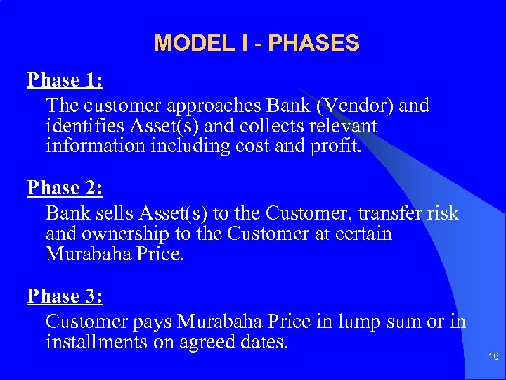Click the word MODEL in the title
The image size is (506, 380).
coord(185,44)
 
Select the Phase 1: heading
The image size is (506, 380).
coord(65,80)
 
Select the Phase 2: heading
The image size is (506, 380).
coord(65,188)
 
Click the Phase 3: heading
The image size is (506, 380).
coord(65,296)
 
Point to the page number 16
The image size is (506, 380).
coord(493,357)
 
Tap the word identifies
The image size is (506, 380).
coord(80,127)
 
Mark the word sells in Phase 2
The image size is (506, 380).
coord(115,213)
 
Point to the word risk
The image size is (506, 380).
coord(441,213)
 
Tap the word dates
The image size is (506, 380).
coord(263,343)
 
